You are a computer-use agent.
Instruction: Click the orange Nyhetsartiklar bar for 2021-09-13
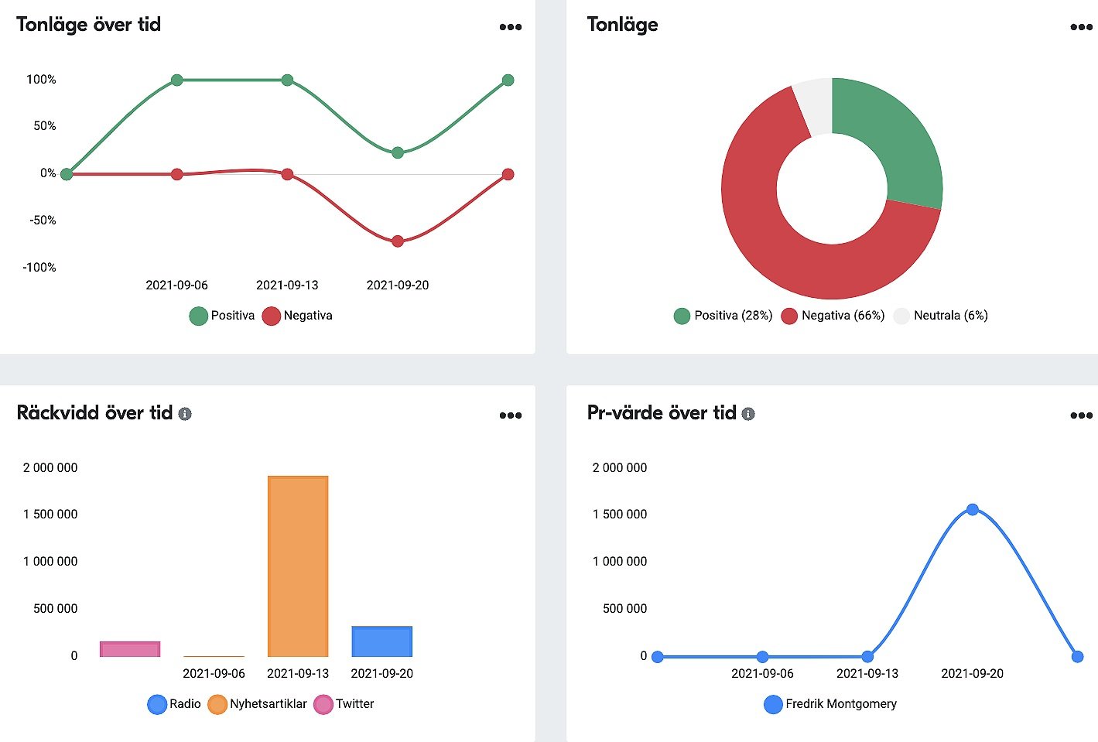pyautogui.click(x=298, y=566)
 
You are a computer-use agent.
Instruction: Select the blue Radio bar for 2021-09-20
pyautogui.click(x=381, y=641)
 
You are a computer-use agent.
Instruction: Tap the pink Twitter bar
pyautogui.click(x=130, y=648)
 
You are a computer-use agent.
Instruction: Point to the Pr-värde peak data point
pyautogui.click(x=973, y=509)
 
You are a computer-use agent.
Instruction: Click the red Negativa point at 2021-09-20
pyautogui.click(x=398, y=241)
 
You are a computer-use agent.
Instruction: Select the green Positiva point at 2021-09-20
pyautogui.click(x=398, y=152)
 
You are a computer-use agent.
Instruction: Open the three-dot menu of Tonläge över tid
pyautogui.click(x=511, y=27)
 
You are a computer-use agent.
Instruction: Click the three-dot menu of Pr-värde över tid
pyautogui.click(x=1081, y=415)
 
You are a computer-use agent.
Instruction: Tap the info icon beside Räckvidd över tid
pyautogui.click(x=185, y=414)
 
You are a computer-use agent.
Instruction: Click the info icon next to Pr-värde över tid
pyautogui.click(x=748, y=414)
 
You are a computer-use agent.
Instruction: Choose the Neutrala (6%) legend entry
pyautogui.click(x=941, y=316)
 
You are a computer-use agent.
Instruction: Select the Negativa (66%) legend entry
pyautogui.click(x=833, y=316)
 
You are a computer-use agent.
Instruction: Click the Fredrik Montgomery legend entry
pyautogui.click(x=830, y=704)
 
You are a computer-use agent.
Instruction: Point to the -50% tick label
pyautogui.click(x=43, y=221)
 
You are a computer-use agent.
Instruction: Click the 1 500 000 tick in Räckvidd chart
pyautogui.click(x=50, y=515)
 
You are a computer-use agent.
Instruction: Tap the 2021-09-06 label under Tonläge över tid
pyautogui.click(x=176, y=286)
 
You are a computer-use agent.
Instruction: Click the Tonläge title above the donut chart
pyautogui.click(x=622, y=25)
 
